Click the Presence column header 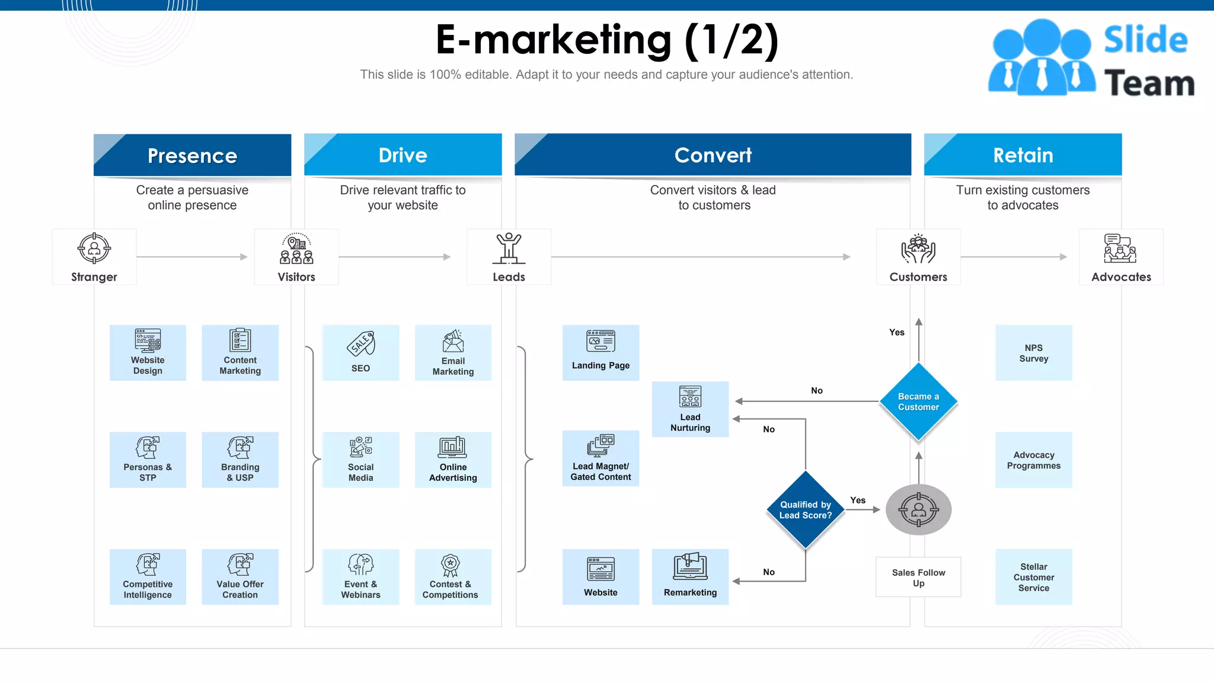(192, 155)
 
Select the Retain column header (1023, 155)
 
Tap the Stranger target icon (94, 248)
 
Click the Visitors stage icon (296, 249)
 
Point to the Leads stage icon (509, 249)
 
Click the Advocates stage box (1120, 257)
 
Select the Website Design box (148, 353)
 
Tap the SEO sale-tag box (360, 353)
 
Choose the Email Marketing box (453, 353)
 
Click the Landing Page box (600, 353)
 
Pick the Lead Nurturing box (690, 409)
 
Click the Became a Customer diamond (918, 402)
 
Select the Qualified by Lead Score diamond (805, 510)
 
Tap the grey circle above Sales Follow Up (918, 510)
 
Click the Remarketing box (690, 577)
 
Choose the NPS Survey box (1033, 353)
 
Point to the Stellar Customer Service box (1033, 577)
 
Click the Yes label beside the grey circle (857, 500)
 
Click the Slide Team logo (1091, 58)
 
